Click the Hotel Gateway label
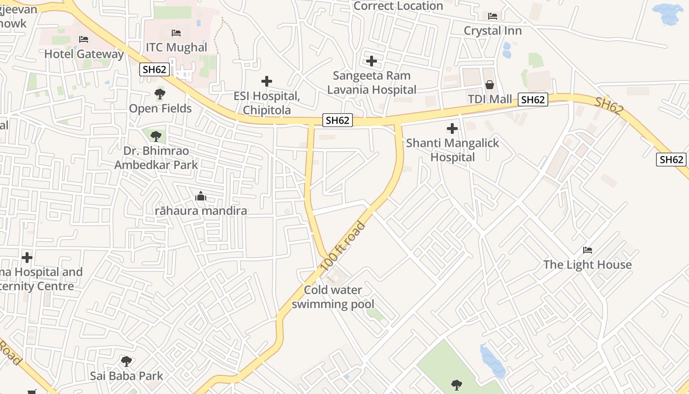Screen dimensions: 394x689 (x=84, y=54)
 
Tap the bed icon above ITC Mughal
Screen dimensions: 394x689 (x=176, y=33)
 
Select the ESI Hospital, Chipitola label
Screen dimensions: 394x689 (x=266, y=103)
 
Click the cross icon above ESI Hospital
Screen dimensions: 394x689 (x=267, y=81)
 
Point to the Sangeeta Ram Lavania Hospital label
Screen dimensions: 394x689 (x=372, y=83)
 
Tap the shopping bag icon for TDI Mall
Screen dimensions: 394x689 (x=490, y=85)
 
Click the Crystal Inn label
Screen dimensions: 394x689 (x=493, y=31)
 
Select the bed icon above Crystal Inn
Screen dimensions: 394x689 (x=493, y=16)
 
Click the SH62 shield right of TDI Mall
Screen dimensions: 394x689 (x=532, y=100)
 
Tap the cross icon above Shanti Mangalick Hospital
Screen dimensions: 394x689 (x=452, y=129)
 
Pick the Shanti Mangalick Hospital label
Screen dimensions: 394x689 (x=452, y=150)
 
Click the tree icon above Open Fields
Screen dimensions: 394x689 (x=159, y=94)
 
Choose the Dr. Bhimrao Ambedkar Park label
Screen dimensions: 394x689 (x=156, y=158)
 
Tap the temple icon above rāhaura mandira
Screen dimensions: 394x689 (x=201, y=196)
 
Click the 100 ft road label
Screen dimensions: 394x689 (x=344, y=246)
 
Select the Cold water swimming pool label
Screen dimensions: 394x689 (x=333, y=297)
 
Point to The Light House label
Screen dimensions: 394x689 (x=587, y=264)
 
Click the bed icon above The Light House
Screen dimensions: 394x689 (x=587, y=250)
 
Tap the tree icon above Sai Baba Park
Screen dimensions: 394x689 (x=126, y=361)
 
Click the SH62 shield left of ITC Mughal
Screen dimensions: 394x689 (x=155, y=69)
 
